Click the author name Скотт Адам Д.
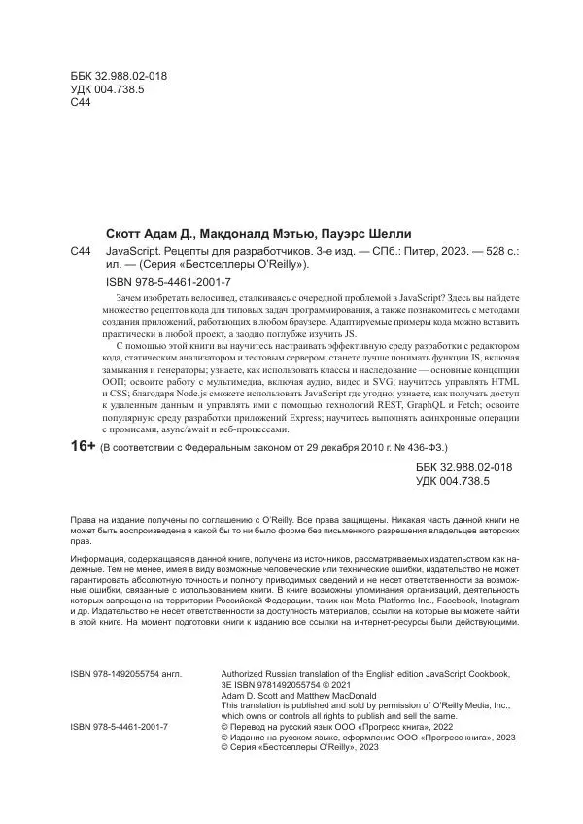pos(150,234)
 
